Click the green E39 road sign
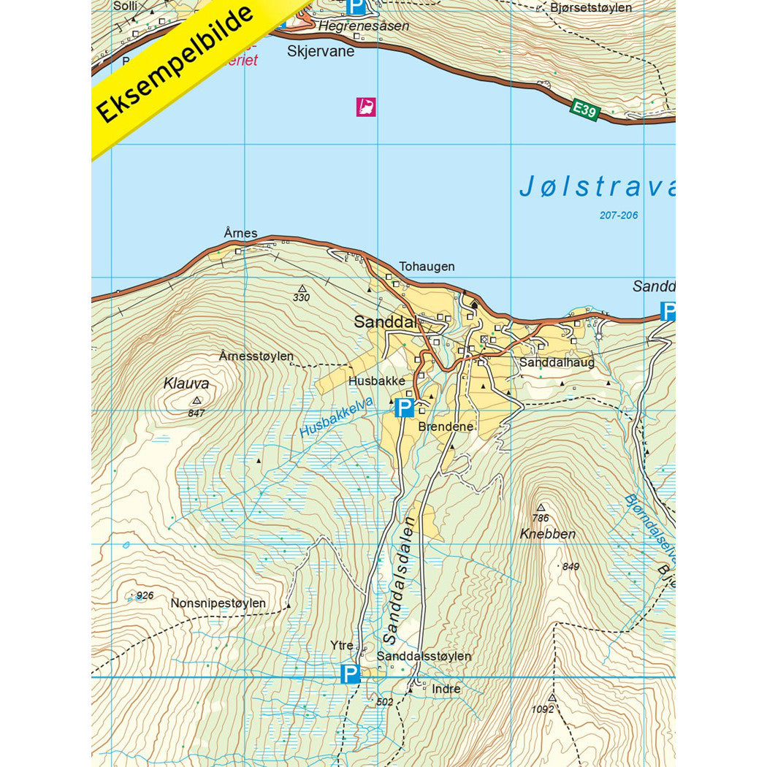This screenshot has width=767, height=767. coord(585,111)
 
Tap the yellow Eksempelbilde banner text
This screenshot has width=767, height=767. coord(175,64)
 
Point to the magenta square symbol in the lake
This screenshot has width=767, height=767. coord(366,107)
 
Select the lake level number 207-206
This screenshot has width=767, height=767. coord(618,215)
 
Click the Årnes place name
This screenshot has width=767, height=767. coord(240,233)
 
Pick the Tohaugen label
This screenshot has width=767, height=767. coord(427,267)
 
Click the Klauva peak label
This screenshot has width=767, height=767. coord(186,383)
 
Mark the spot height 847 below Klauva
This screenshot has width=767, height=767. coord(196,413)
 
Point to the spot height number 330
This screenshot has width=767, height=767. coord(301,298)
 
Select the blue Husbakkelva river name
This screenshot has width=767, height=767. coord(335,418)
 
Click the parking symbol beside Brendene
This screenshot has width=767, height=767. coord(404,408)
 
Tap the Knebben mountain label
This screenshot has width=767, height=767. coord(548,534)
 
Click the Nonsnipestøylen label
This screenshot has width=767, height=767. coord(218,603)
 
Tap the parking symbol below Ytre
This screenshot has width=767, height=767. coord(351,673)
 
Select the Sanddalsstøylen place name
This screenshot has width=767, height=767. coord(425,656)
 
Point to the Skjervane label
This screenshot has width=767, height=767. coord(321,51)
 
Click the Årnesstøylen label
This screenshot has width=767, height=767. coord(256,356)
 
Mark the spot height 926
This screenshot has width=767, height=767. coord(145,595)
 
